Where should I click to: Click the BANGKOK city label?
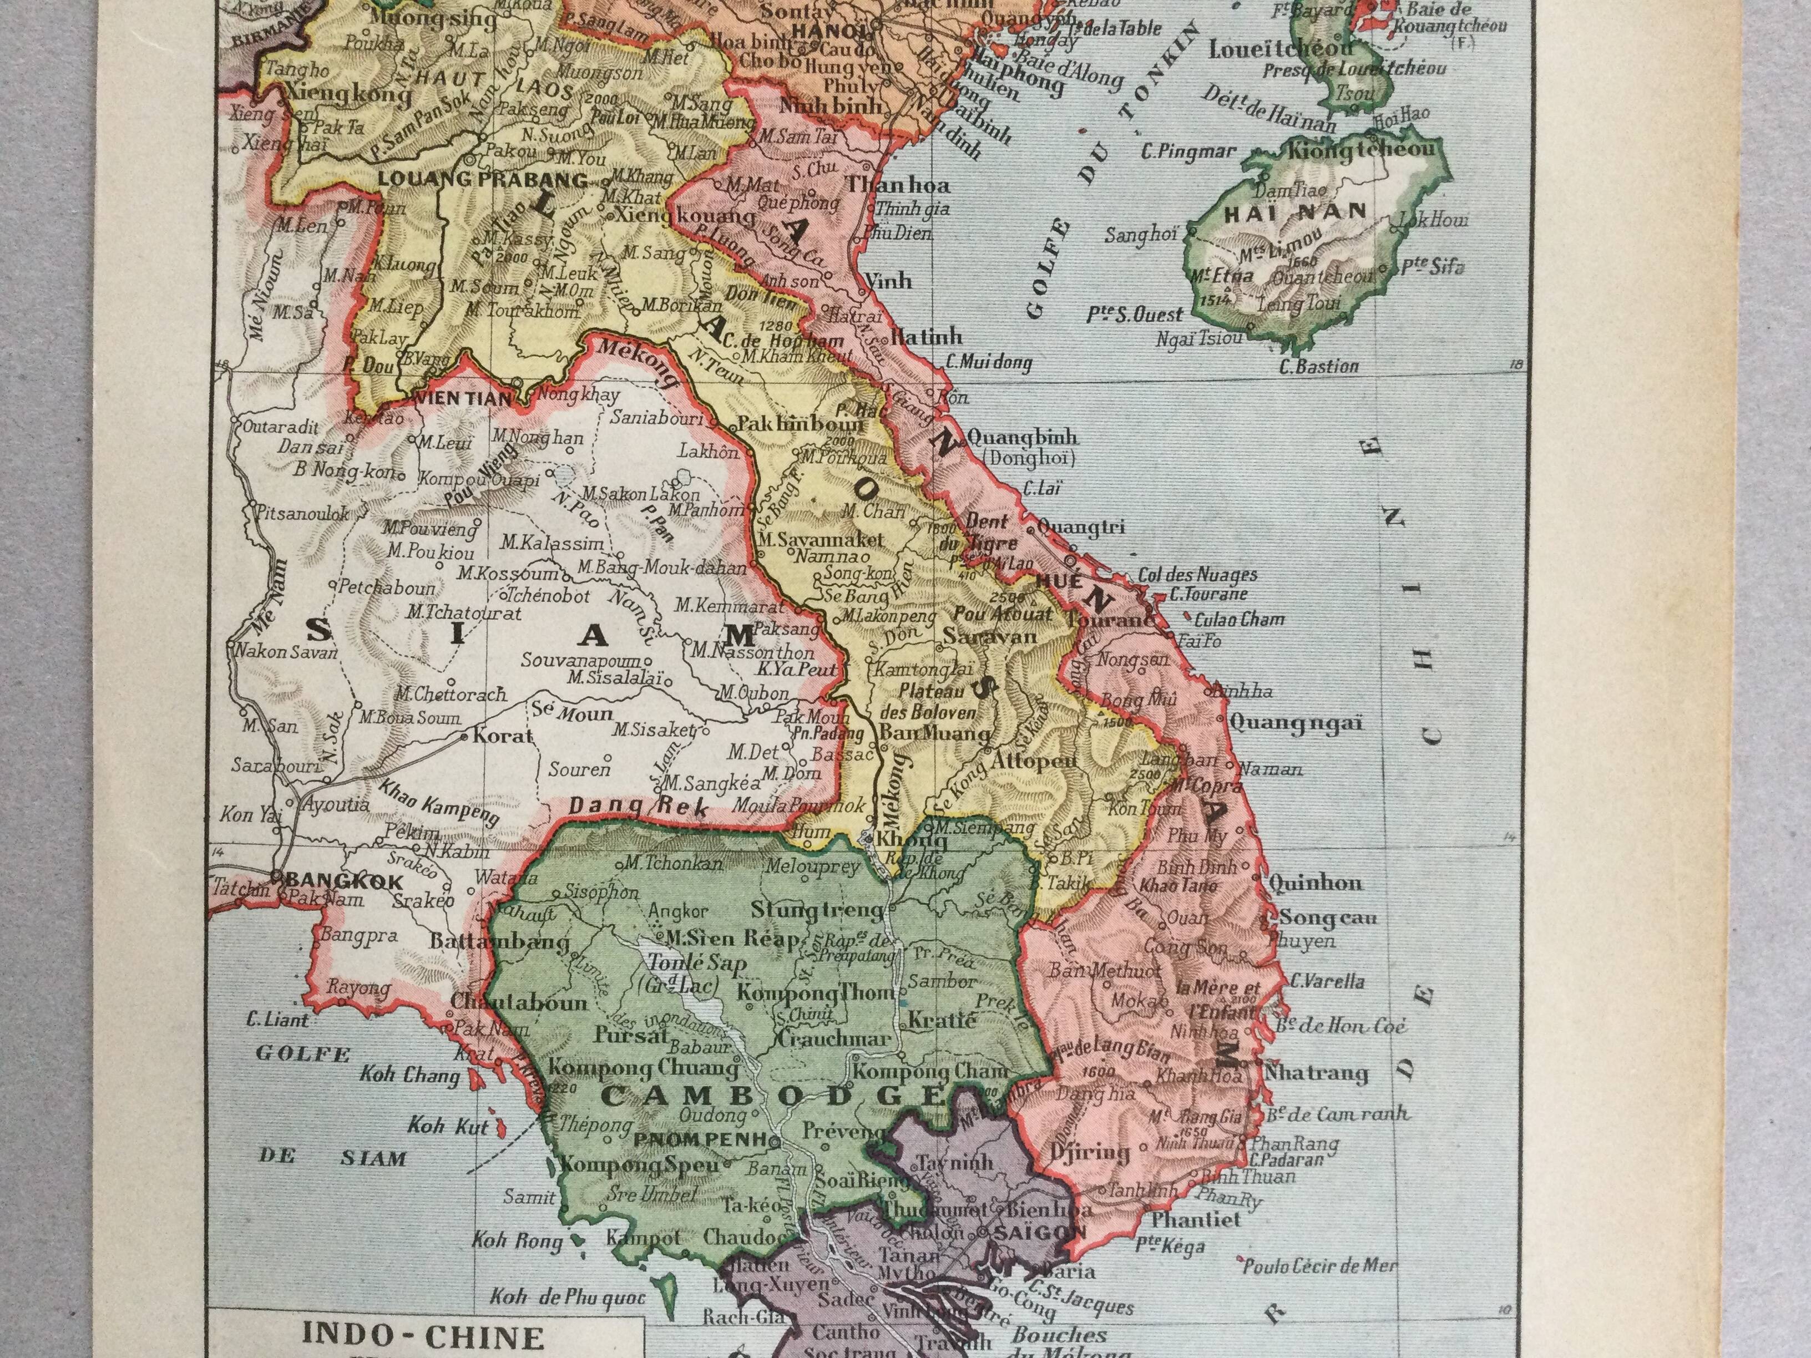[346, 881]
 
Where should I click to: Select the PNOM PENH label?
[699, 1139]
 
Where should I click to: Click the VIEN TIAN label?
[463, 399]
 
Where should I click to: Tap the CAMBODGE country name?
[773, 1095]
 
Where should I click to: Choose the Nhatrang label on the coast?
[1316, 1072]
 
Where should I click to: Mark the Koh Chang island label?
[409, 1074]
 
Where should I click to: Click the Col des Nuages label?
[1197, 575]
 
